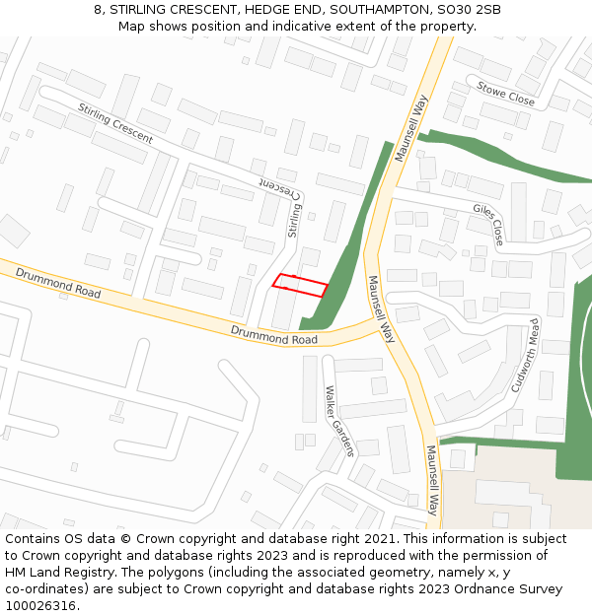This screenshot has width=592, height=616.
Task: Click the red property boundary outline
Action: point(300,284)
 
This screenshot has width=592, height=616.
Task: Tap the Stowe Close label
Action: point(505,94)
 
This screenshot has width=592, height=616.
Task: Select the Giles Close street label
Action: point(488,225)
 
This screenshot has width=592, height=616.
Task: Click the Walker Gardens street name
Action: point(338,420)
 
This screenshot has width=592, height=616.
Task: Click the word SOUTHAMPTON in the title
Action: point(377,10)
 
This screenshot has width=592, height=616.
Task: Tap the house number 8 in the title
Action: point(99,10)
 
